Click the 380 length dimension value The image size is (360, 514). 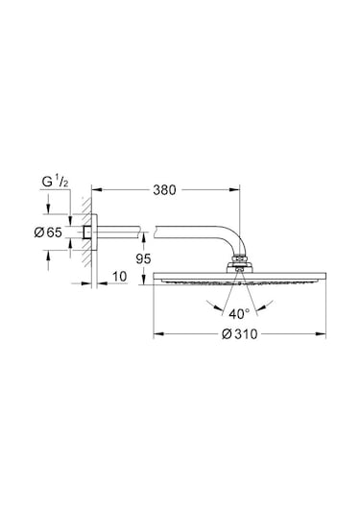(164, 190)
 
